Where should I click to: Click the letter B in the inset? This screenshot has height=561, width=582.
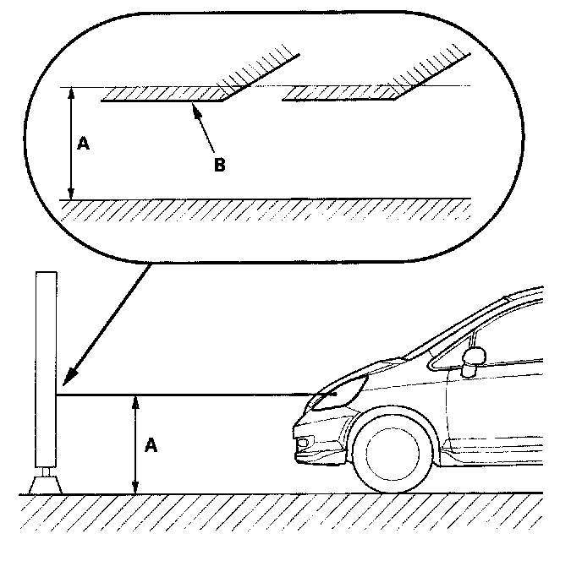pos(219,164)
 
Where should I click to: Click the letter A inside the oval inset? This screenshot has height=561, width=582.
pos(83,144)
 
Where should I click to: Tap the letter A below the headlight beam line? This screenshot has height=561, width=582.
pos(151,445)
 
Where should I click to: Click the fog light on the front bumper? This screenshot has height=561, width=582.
pos(303,444)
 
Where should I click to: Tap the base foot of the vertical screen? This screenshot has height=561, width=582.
pos(46,484)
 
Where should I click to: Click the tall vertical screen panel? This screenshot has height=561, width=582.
pos(46,372)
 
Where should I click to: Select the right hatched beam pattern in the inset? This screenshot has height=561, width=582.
pos(343,94)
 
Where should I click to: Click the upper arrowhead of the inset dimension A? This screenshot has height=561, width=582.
pos(72,90)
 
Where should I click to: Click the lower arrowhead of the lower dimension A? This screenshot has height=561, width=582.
pos(135,488)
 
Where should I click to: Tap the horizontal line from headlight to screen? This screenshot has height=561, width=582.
pos(186,395)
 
